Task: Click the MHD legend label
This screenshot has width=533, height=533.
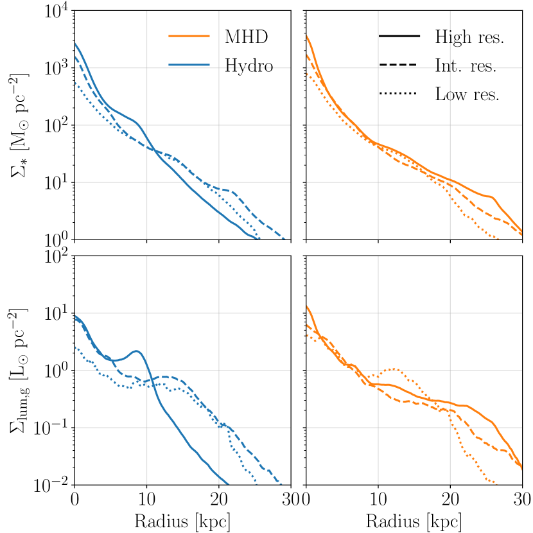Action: tap(246, 37)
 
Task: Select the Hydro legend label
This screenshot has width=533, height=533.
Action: tap(250, 66)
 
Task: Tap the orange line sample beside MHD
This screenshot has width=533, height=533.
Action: tap(189, 37)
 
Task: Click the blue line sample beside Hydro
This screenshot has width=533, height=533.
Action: tap(189, 65)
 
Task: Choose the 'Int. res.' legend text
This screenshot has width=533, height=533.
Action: tap(466, 66)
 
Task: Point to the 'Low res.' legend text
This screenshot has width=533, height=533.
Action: tap(467, 94)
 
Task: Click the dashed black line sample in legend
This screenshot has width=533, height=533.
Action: tap(399, 66)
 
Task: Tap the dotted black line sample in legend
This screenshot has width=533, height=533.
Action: tap(399, 94)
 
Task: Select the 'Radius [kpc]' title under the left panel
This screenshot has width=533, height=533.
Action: tap(182, 521)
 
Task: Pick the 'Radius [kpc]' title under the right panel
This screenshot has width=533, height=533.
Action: tap(413, 521)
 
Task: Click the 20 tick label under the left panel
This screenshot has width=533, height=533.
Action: tap(218, 501)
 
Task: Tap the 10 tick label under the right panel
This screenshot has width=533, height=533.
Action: tap(378, 501)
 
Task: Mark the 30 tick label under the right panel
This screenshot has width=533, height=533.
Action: tap(521, 501)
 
